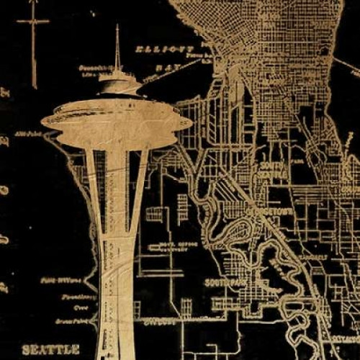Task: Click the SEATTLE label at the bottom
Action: pyautogui.click(x=50, y=349)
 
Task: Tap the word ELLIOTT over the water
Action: pyautogui.click(x=156, y=50)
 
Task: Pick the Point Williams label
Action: pyautogui.click(x=55, y=279)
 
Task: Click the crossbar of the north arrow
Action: pyautogui.click(x=33, y=22)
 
